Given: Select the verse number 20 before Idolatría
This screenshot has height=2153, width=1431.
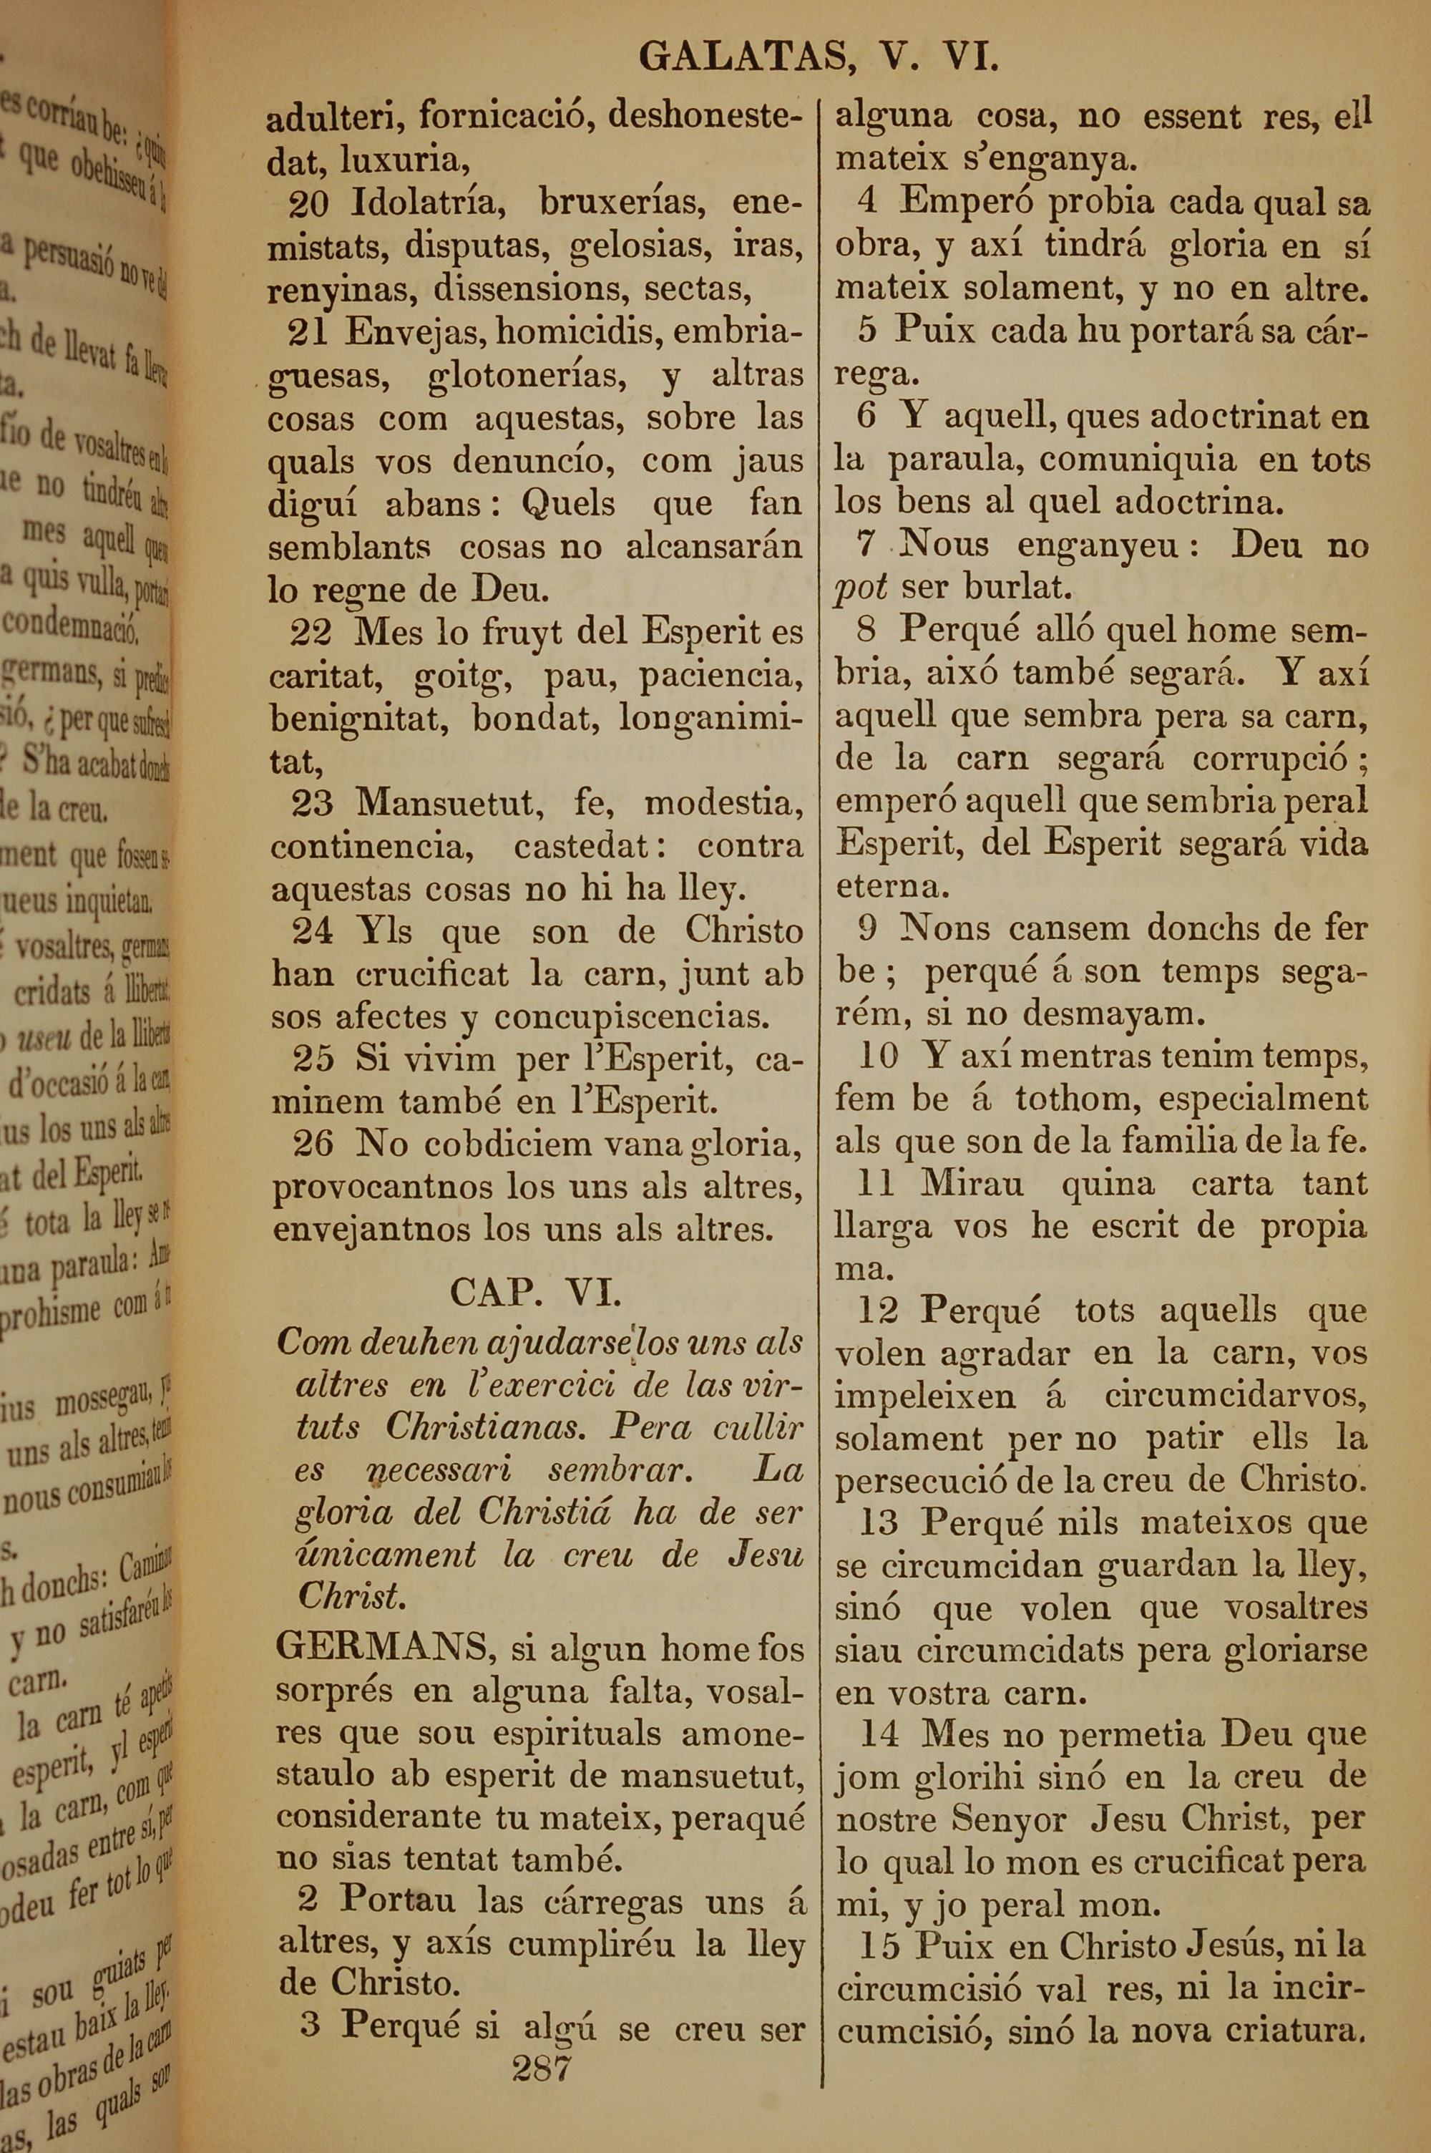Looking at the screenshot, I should click(308, 203).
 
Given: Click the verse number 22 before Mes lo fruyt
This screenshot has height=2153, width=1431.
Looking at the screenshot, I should click(311, 631).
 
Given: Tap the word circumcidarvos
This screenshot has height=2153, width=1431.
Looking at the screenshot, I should click(1235, 1396).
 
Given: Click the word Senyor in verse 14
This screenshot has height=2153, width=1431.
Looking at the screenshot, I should click(1010, 1819).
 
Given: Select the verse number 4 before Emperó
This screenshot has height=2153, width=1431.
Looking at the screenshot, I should click(868, 202).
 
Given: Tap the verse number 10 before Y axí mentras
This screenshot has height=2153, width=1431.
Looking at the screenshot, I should click(878, 1056).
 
